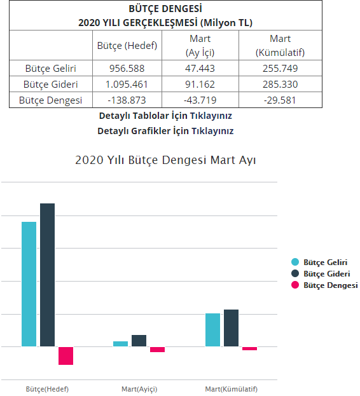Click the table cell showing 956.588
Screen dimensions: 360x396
click(x=127, y=68)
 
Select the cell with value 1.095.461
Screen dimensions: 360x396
click(x=127, y=84)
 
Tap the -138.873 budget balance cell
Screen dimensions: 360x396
click(x=127, y=100)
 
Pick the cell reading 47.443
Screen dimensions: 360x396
click(x=200, y=68)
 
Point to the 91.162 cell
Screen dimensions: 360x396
click(x=200, y=84)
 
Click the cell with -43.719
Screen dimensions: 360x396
click(x=200, y=100)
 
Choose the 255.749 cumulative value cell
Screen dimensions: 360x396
click(x=280, y=68)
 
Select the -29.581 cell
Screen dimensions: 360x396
click(x=280, y=100)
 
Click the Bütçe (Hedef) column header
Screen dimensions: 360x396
click(x=127, y=46)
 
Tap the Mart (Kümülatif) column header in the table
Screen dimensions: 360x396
click(x=280, y=46)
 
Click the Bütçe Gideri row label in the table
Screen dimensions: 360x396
click(x=51, y=84)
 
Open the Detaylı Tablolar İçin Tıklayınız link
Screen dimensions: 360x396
click(x=165, y=116)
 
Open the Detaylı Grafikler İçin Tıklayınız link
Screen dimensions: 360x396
click(x=165, y=131)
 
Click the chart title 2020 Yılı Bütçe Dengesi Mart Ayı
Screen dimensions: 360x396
click(x=165, y=160)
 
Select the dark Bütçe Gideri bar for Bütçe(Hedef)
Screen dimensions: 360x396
click(x=47, y=275)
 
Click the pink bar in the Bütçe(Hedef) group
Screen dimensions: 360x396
click(x=66, y=356)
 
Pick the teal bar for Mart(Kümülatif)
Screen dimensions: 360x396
click(x=212, y=330)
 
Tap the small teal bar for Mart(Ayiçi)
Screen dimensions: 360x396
click(x=120, y=344)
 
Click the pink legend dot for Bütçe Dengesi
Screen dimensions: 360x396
click(x=295, y=285)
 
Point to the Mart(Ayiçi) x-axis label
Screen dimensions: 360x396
click(x=139, y=389)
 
